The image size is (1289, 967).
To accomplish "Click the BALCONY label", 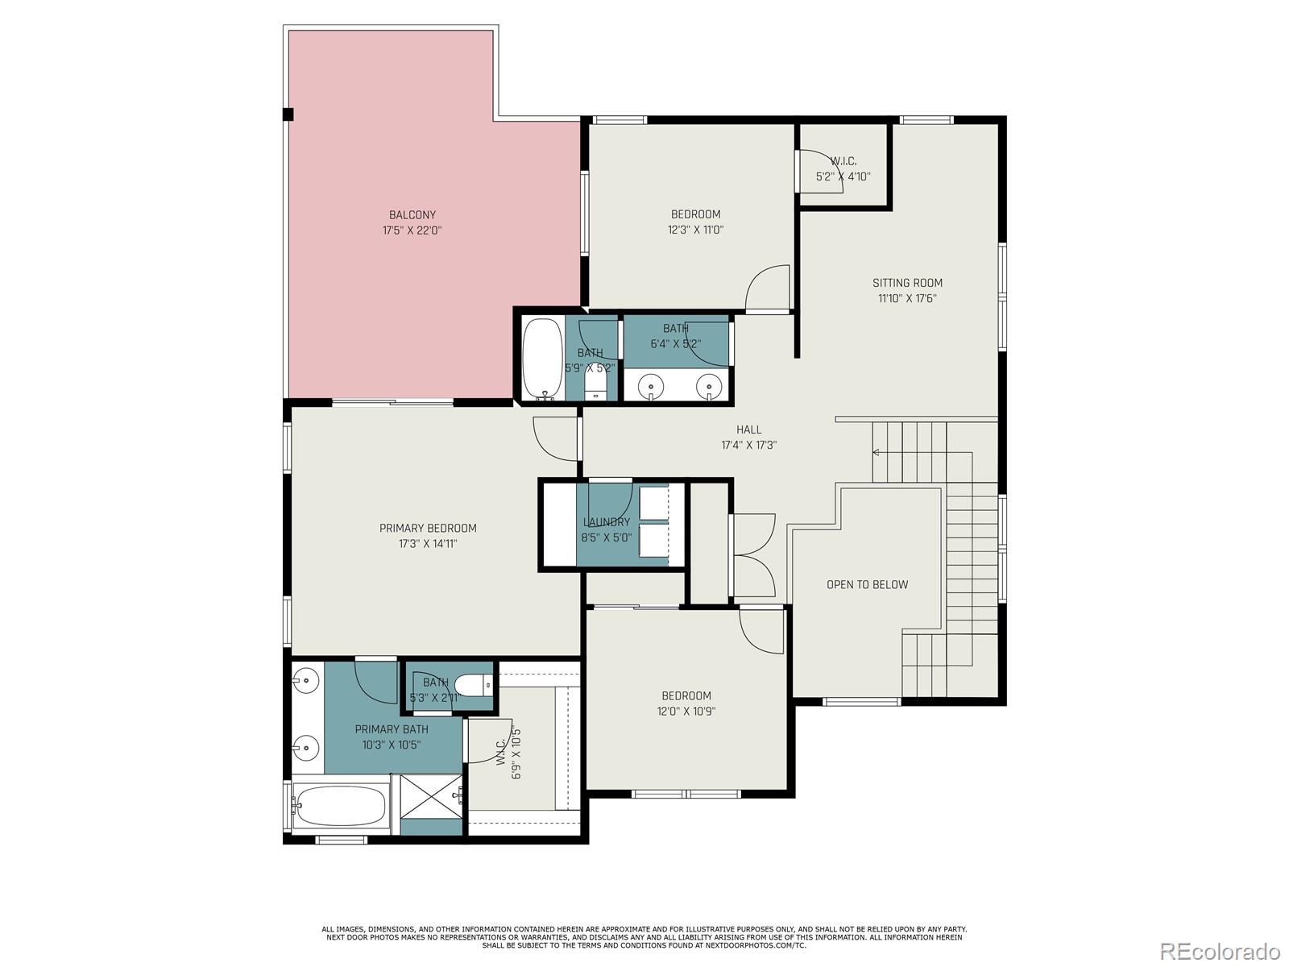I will click(x=412, y=214).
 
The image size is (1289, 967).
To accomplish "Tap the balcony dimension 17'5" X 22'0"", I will click(x=412, y=230).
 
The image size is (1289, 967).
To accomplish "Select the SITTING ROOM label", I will click(x=907, y=283).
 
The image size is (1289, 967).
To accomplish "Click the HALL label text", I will click(x=748, y=430).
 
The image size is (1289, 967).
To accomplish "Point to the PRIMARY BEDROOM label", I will click(x=428, y=528).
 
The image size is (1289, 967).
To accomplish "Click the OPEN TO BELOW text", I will click(x=867, y=584).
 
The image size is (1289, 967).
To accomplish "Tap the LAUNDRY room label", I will click(x=606, y=522).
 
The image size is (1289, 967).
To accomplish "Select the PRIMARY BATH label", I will click(x=392, y=729).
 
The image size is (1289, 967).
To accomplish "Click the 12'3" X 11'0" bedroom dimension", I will click(x=695, y=230).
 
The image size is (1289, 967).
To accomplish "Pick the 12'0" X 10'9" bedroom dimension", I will click(x=686, y=712).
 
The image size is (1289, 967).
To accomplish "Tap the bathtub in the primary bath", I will click(x=339, y=805).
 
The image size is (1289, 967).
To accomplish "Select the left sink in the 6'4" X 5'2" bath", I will click(x=650, y=388).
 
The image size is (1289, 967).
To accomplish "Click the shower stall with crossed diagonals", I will click(x=427, y=796).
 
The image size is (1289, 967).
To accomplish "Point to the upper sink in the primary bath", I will click(x=305, y=681).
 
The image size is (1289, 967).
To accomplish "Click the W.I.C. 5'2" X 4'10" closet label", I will click(x=843, y=168).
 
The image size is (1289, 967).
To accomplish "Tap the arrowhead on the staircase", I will click(x=877, y=453).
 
